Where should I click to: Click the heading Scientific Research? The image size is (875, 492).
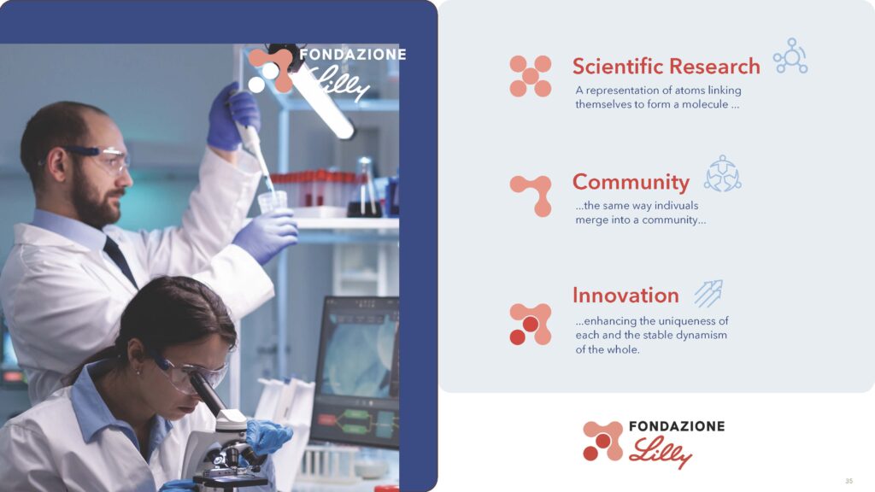pos(666,67)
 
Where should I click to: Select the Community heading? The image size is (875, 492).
pos(631,183)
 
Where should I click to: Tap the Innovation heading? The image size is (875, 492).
pos(625,295)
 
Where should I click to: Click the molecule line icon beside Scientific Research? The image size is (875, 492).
pos(790,56)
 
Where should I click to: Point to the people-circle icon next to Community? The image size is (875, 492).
pos(723,173)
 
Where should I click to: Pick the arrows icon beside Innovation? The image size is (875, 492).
pos(708,294)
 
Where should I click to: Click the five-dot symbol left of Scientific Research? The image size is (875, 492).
pos(530,76)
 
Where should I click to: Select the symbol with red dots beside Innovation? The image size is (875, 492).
pos(530,324)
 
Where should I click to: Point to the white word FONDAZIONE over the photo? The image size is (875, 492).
pos(353,55)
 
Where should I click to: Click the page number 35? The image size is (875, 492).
pos(849,481)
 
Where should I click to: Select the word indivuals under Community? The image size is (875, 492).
pos(677,205)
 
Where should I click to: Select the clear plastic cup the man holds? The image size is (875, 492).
pos(273,202)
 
